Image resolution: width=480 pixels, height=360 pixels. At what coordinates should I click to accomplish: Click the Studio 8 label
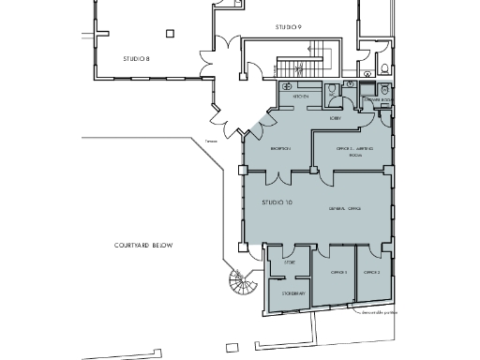137,58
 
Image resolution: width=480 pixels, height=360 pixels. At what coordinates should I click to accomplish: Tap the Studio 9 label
288,27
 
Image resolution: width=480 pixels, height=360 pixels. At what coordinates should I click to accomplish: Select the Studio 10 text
263,202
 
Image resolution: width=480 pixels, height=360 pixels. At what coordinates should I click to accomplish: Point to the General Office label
344,207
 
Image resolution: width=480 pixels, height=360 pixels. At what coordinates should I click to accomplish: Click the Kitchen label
300,97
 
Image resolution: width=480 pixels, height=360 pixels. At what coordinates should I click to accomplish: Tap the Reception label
280,148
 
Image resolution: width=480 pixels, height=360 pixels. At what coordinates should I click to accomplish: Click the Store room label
290,264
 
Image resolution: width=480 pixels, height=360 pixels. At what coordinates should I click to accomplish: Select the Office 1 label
338,272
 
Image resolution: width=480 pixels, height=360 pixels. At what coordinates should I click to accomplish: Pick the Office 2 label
372,272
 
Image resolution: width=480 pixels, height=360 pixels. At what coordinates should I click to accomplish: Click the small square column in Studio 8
169,34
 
